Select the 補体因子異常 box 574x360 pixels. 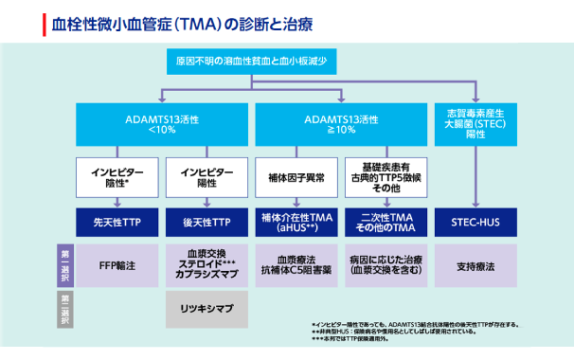296,179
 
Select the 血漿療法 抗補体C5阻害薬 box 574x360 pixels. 296,266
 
